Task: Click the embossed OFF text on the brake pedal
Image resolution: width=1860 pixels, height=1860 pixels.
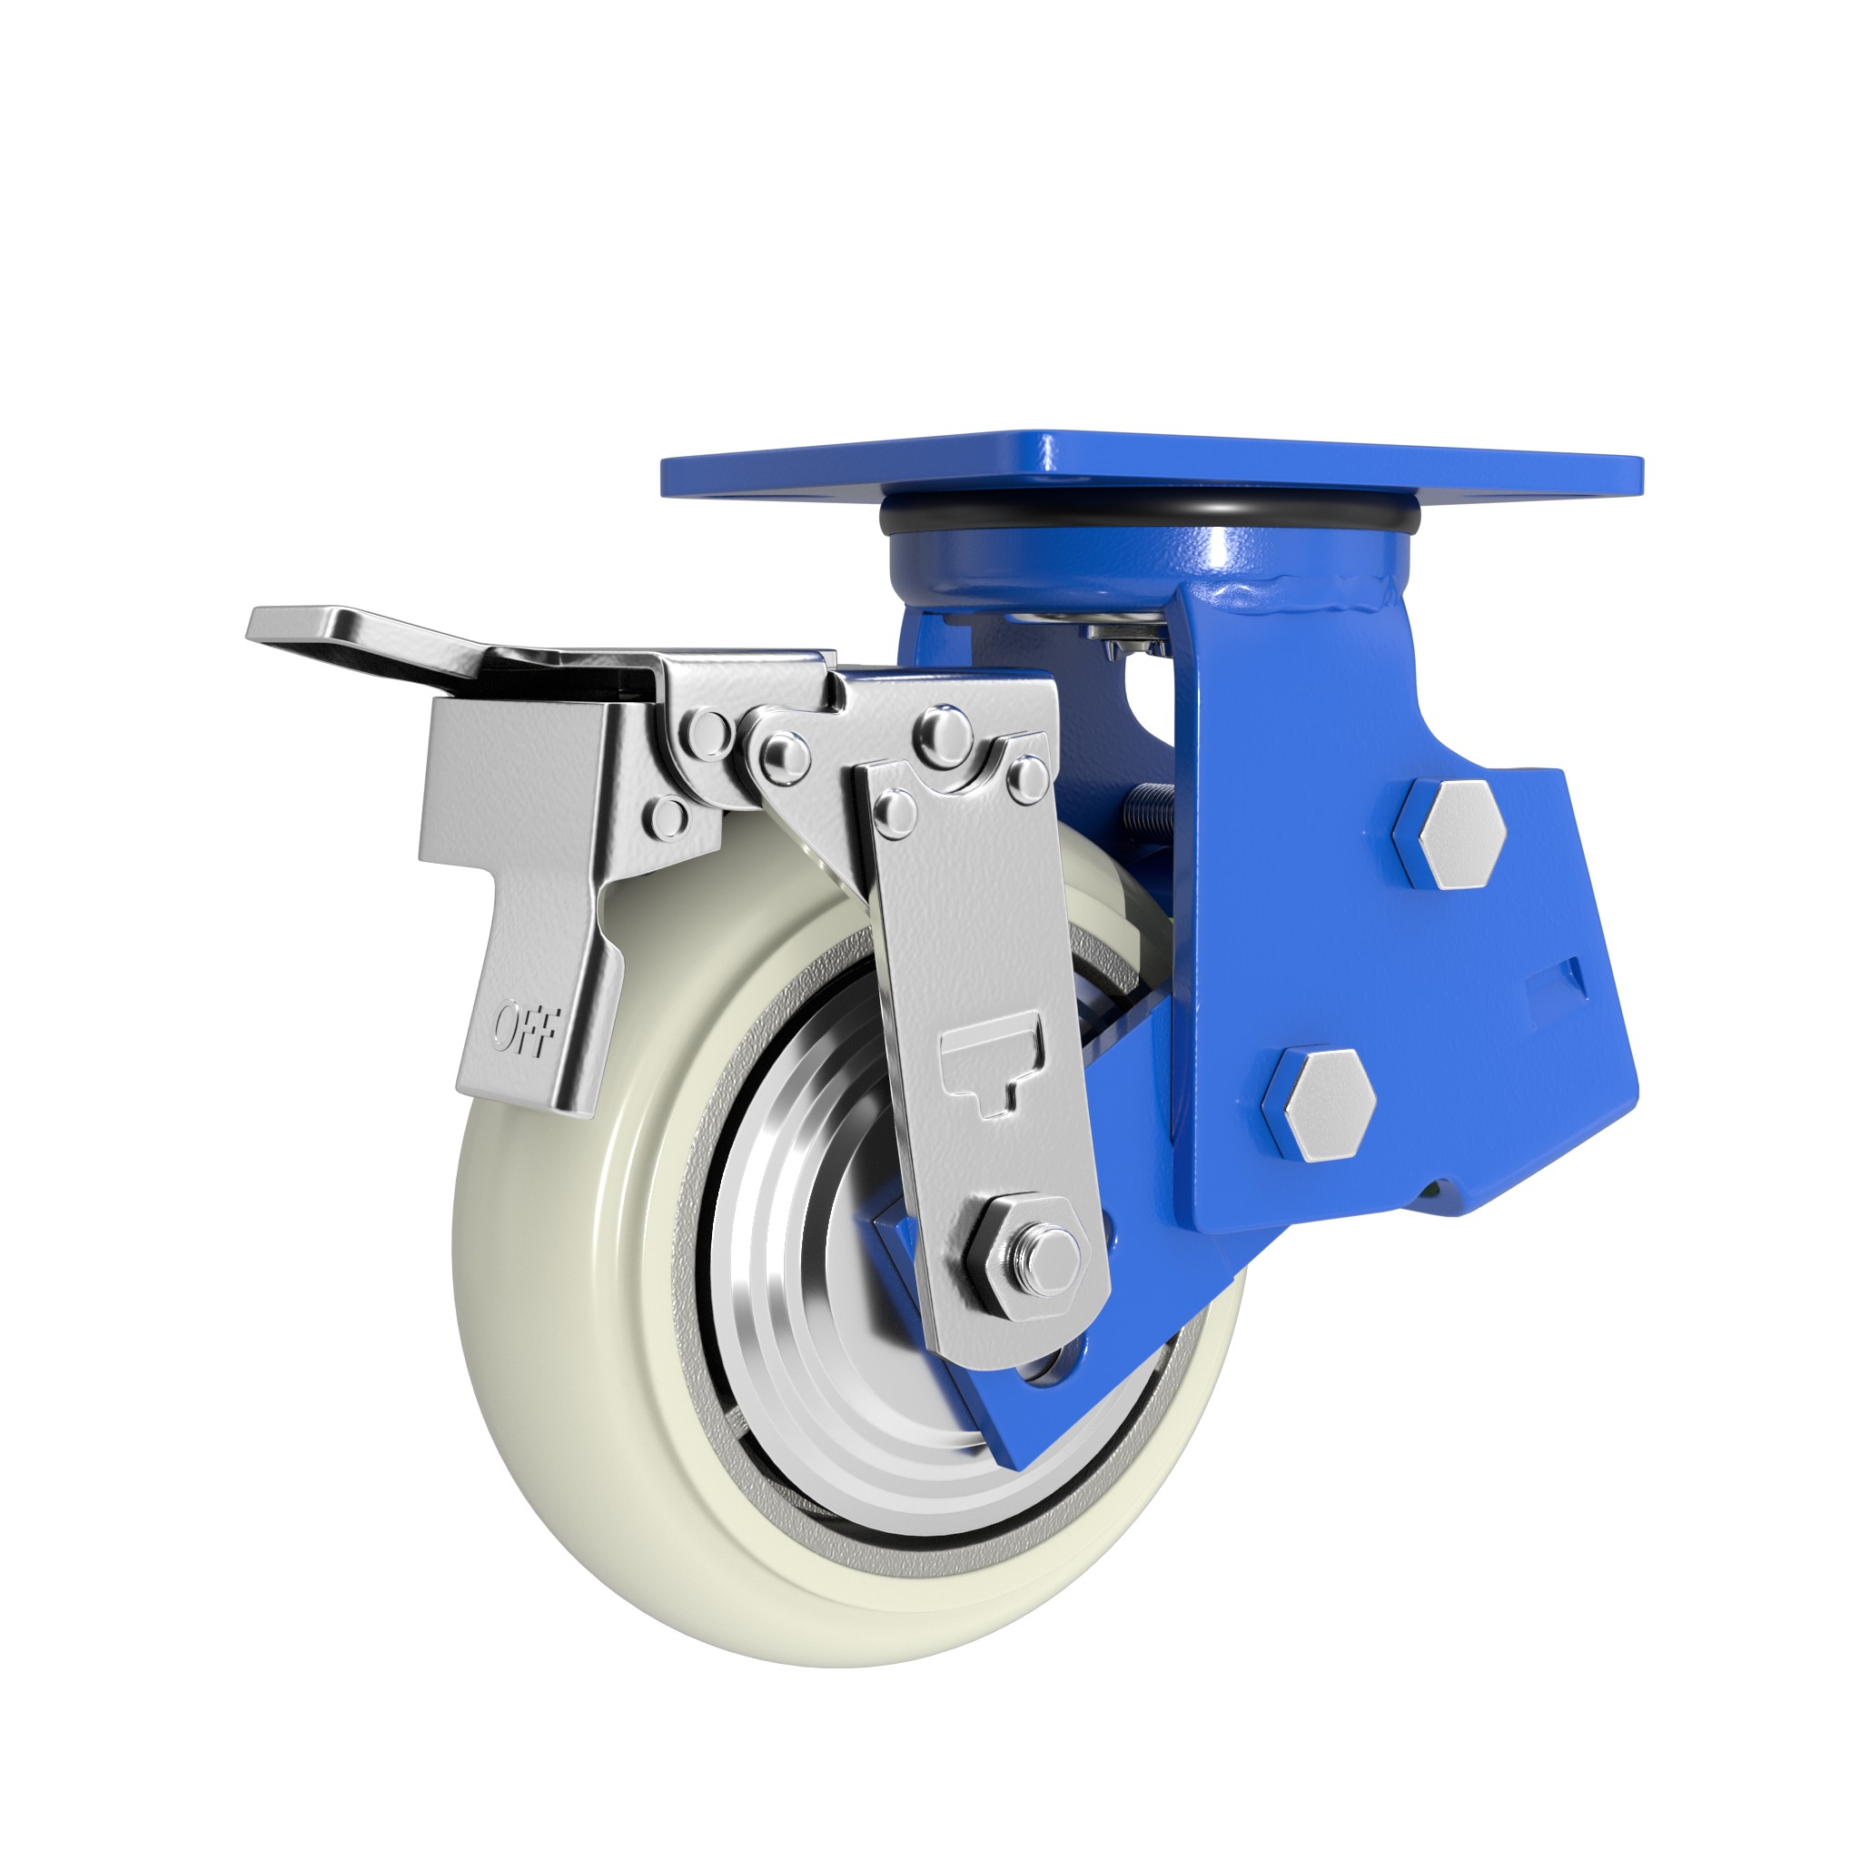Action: [524, 1027]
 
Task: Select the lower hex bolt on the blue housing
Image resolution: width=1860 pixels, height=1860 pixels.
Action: [1318, 1103]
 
